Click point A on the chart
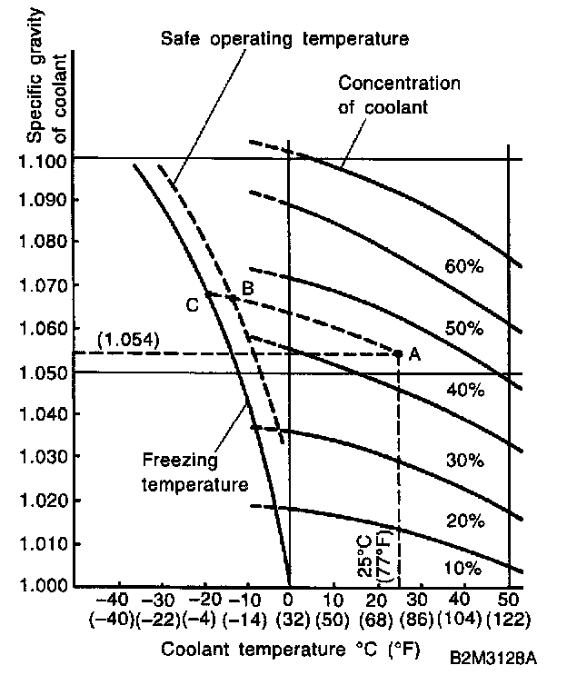pos(414,355)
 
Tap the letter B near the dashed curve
pos(246,288)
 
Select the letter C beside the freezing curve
pos(193,305)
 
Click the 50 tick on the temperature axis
pos(507,601)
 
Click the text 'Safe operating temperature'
pos(283,39)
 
